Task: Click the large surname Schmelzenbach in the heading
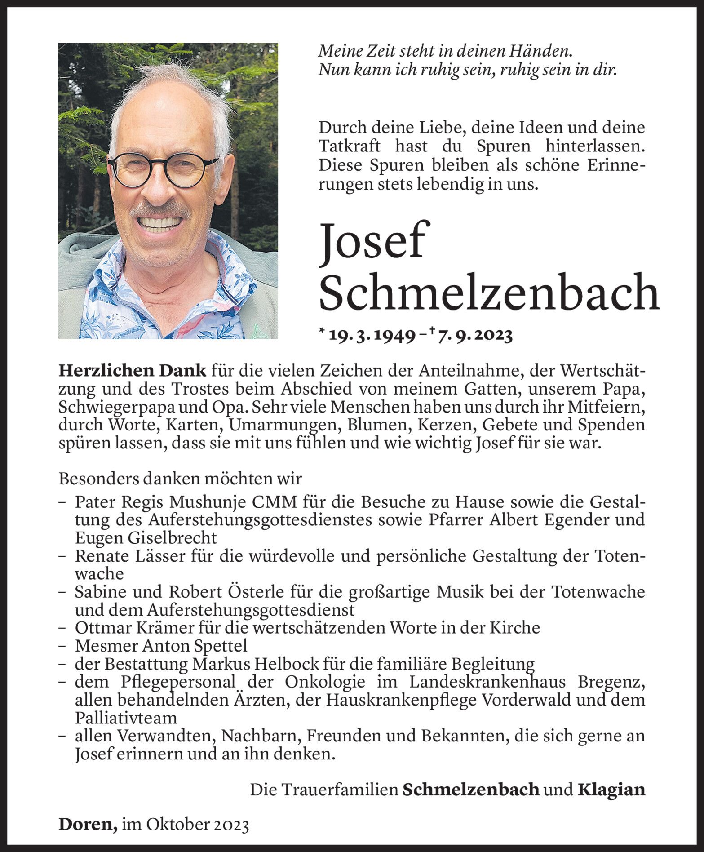coord(489,293)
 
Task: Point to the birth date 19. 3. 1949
coord(372,336)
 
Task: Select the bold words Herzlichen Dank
coord(133,371)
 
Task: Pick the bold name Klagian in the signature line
coord(611,789)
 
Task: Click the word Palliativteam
coord(126,718)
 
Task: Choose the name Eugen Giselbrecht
coord(146,538)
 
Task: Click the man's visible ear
coord(225,172)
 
